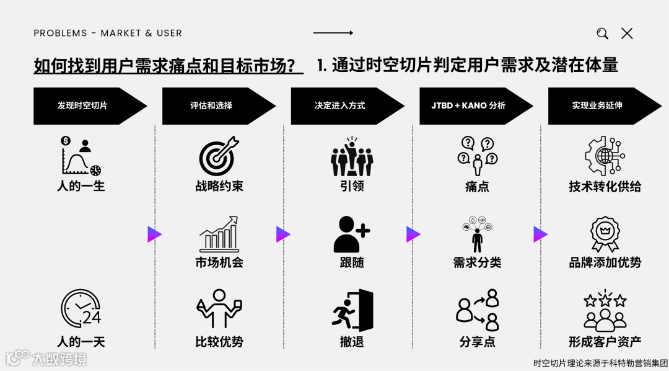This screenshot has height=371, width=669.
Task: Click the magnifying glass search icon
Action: pos(602,34)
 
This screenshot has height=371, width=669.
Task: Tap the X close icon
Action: pos(627,34)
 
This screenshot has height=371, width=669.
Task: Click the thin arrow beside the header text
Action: pos(333,33)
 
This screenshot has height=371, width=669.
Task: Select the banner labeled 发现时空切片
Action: pos(84,105)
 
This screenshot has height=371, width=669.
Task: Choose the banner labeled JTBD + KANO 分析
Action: pos(470,105)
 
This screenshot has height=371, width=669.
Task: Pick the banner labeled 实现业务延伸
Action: pos(598,105)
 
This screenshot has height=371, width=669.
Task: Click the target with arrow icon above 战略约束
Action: pos(219,155)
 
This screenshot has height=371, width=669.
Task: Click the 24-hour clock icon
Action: pos(81,308)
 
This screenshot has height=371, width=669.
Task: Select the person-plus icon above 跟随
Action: pos(351,234)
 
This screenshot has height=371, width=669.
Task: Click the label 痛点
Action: pos(477,187)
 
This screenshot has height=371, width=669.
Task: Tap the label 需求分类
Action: pos(477,262)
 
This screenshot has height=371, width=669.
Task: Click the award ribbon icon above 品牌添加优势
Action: pos(605,234)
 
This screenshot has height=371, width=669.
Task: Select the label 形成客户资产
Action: pos(605,341)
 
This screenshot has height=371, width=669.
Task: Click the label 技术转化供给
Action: pos(605,187)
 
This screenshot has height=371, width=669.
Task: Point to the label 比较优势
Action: pos(219,341)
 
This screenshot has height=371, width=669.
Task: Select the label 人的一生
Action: pos(81,186)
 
